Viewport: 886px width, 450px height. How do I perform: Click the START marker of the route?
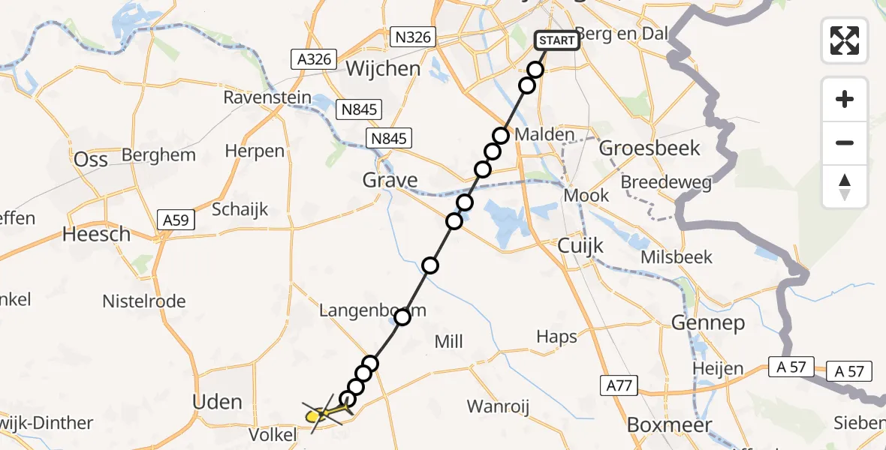pos(557,40)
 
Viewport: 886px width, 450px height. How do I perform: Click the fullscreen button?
pos(845,40)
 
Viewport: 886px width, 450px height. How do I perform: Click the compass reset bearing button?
pos(845,187)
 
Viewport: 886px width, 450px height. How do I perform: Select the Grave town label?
pos(390,180)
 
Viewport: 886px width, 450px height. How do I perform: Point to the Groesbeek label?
pos(649,148)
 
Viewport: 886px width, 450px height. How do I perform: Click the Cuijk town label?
pos(580,245)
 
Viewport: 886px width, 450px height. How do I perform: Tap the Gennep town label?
pos(708,323)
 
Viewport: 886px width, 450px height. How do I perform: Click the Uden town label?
pos(218,402)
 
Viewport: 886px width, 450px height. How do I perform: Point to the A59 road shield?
pos(177,220)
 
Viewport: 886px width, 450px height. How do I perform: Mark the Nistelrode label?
pos(144,301)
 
